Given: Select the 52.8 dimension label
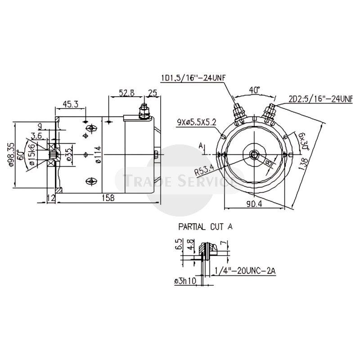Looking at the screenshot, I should coord(126,93).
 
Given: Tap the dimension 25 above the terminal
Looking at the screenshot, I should coord(152,93).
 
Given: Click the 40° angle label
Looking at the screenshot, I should coord(255,90).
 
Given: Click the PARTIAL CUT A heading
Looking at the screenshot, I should coord(205,227).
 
